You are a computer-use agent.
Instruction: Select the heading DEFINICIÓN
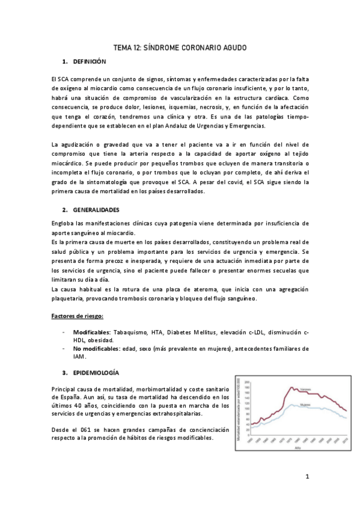[x=89, y=62]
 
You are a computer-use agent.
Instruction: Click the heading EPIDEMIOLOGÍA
[x=97, y=372]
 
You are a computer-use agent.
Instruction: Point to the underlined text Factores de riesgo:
[x=78, y=316]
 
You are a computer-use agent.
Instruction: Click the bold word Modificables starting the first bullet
[x=91, y=331]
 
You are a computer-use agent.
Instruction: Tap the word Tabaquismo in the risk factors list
[x=130, y=331]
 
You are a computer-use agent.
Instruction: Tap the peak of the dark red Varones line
[x=291, y=387]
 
